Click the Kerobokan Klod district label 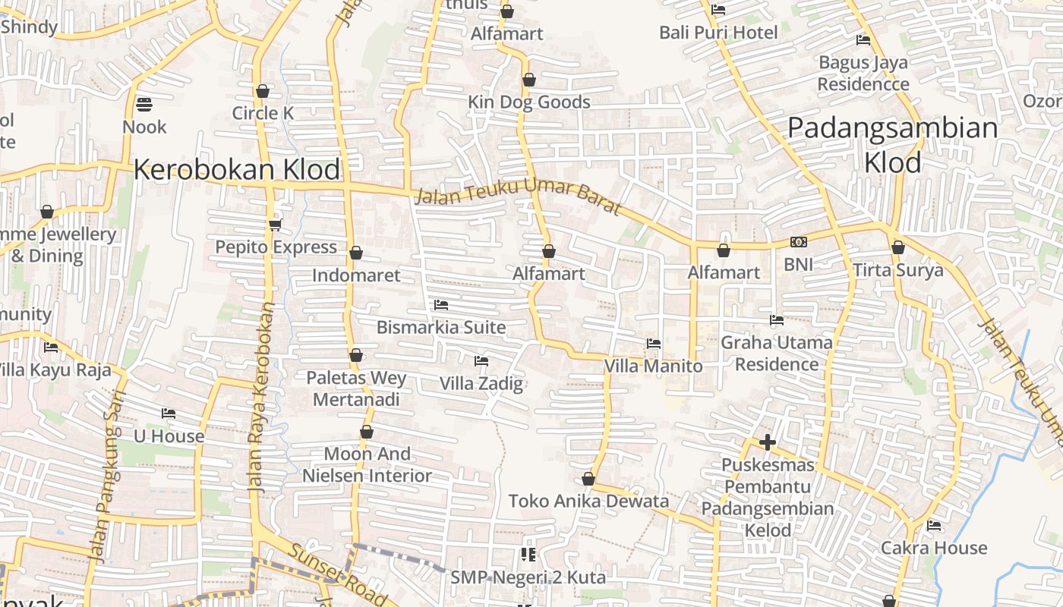click(x=237, y=169)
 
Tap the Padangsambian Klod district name click(x=892, y=144)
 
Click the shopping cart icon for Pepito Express click(x=275, y=225)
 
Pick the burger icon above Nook click(x=144, y=104)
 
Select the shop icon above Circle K click(x=263, y=91)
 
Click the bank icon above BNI click(x=798, y=242)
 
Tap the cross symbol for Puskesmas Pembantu click(x=767, y=442)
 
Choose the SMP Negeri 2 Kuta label click(x=528, y=577)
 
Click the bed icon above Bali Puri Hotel click(x=718, y=10)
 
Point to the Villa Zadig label click(x=481, y=383)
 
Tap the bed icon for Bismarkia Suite click(x=440, y=305)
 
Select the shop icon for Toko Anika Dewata click(x=588, y=479)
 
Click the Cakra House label click(x=934, y=548)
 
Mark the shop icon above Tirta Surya click(x=897, y=247)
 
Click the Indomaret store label click(x=355, y=275)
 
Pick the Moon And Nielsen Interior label click(x=367, y=464)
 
